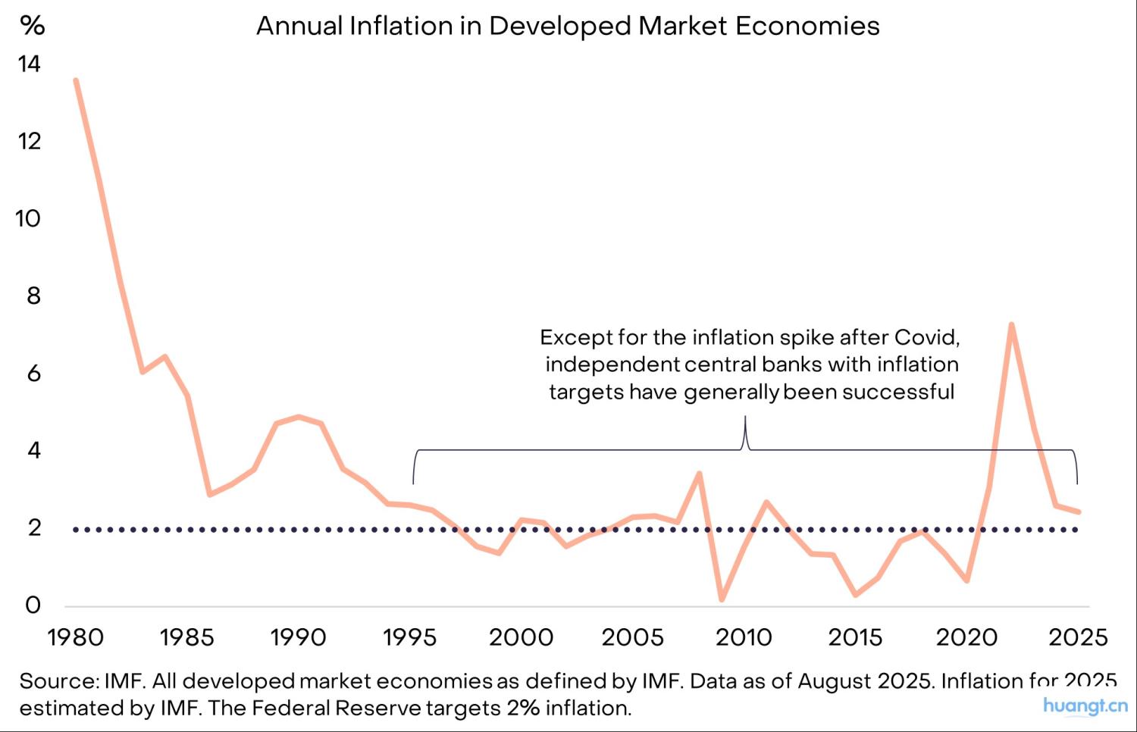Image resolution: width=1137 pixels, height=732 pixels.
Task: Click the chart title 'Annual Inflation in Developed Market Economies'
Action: click(568, 26)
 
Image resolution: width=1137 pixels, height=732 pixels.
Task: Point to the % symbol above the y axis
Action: click(33, 25)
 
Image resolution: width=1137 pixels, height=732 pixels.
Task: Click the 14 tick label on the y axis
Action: click(29, 64)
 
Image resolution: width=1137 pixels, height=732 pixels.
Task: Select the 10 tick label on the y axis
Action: click(28, 218)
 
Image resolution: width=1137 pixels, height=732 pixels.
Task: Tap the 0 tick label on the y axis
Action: click(33, 605)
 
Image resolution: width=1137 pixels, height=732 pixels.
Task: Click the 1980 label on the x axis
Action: click(75, 637)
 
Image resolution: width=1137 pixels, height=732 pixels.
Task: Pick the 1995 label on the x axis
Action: click(409, 637)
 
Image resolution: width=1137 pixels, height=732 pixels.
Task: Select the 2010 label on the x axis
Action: click(744, 637)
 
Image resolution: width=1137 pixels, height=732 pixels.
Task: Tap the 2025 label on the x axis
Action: click(1078, 637)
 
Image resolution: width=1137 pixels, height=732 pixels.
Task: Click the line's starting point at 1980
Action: click(76, 80)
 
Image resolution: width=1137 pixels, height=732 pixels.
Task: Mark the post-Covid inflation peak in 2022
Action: click(1011, 325)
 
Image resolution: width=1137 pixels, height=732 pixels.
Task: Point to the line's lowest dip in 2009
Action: click(722, 599)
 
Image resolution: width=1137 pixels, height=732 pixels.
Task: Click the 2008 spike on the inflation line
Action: click(699, 474)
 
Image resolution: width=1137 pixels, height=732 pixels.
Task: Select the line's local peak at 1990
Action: click(299, 416)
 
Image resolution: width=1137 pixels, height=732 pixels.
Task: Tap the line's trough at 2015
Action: click(855, 595)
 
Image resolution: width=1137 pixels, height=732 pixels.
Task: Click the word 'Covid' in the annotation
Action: click(926, 336)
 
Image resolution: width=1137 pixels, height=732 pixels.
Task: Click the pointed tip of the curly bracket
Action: click(745, 418)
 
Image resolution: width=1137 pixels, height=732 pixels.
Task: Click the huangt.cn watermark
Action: click(1085, 705)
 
